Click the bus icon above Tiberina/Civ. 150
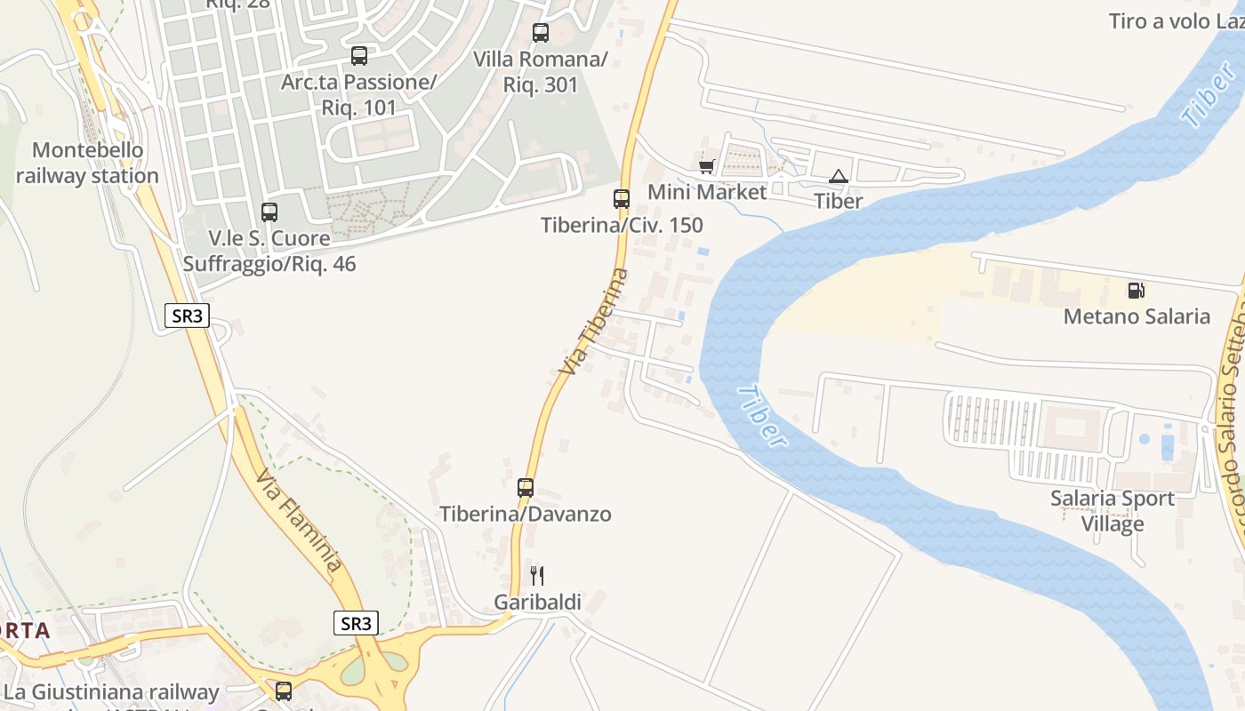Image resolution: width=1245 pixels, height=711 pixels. [622, 198]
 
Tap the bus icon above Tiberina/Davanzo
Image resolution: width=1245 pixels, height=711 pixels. [526, 487]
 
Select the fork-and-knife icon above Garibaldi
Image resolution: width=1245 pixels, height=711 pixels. [536, 576]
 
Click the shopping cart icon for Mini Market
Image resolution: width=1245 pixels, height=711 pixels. [707, 166]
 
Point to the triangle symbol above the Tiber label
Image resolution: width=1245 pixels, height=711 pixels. [838, 176]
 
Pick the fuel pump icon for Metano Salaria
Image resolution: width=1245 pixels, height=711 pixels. [1136, 290]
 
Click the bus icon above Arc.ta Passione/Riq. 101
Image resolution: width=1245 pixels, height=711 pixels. [359, 56]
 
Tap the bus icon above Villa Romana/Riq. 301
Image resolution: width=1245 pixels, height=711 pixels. [541, 33]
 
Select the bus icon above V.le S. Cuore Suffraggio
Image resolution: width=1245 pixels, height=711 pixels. [269, 212]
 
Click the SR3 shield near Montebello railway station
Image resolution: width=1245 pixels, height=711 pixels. [187, 316]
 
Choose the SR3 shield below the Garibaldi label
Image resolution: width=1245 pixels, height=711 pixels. [356, 623]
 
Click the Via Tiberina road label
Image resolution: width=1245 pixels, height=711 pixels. [594, 321]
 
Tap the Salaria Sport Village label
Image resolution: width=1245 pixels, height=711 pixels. [1112, 511]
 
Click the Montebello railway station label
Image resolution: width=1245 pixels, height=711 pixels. [87, 163]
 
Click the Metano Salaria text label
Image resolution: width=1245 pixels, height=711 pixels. [1137, 316]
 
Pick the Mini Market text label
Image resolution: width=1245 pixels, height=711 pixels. [707, 192]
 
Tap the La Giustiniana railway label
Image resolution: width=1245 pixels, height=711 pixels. [111, 692]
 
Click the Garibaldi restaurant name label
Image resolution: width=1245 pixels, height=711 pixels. [537, 603]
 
